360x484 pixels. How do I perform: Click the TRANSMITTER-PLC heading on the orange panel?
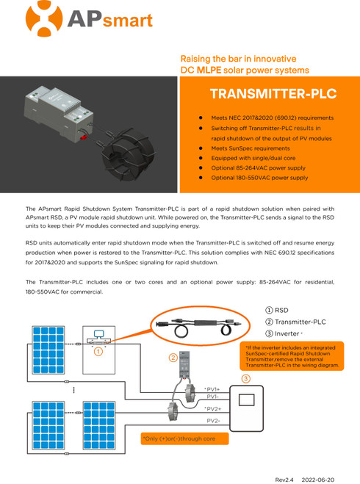[273, 94]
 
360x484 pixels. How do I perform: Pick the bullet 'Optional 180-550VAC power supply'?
[259, 178]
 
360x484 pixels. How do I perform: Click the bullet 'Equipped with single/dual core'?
[253, 158]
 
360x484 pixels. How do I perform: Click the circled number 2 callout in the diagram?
[173, 358]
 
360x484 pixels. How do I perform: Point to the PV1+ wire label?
[212, 389]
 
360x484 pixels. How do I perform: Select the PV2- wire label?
[214, 420]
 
